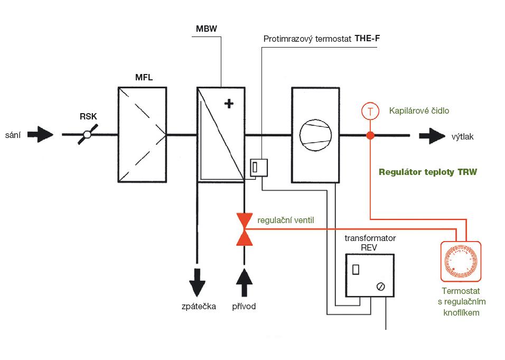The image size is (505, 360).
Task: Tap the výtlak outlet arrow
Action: (x=433, y=136)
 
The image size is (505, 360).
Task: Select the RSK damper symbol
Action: (x=88, y=135)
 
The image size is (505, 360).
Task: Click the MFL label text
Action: (x=144, y=78)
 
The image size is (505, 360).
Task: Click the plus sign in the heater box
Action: (x=229, y=104)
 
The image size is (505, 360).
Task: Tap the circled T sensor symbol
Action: (x=370, y=111)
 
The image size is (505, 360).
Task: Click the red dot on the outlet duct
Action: (x=370, y=135)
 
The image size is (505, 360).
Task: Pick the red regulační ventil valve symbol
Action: (x=244, y=229)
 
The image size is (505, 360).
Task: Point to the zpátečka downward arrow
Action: (x=197, y=282)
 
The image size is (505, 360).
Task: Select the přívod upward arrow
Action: (x=244, y=282)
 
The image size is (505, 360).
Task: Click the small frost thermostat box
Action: (x=258, y=168)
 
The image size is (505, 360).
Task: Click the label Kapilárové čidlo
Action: (x=419, y=111)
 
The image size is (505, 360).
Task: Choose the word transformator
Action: (x=370, y=238)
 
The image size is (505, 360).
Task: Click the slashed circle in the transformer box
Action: (x=380, y=287)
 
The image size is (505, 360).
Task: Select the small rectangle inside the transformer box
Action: (x=356, y=269)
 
